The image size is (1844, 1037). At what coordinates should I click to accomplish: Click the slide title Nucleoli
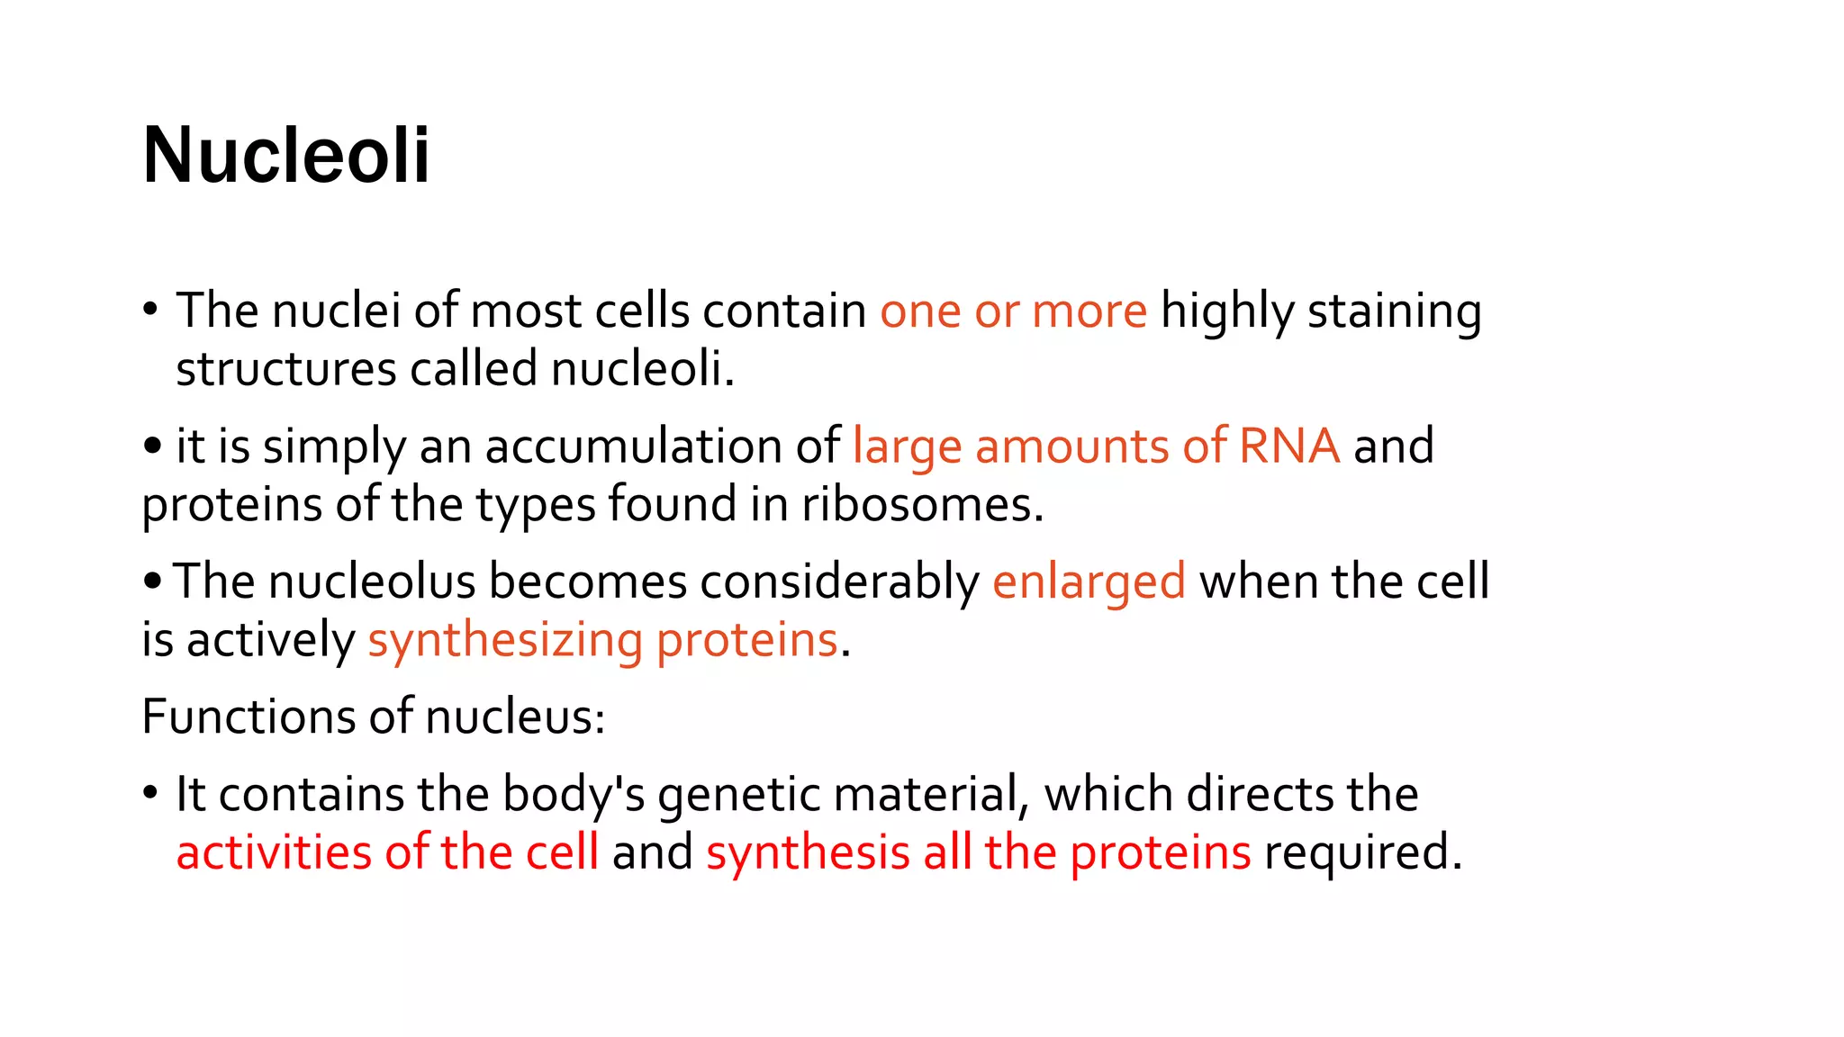286,156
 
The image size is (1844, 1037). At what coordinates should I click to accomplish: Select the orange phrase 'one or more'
1013,311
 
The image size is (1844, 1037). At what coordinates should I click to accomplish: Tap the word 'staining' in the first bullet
1394,311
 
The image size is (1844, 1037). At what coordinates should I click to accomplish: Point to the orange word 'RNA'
1288,446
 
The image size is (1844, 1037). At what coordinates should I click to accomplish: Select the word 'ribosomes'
922,504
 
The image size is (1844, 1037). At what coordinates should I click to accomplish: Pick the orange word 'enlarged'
1089,582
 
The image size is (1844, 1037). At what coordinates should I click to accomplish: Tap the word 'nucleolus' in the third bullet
372,582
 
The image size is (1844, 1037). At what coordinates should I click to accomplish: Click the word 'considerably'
839,582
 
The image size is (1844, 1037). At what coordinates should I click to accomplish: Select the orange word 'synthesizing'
505,641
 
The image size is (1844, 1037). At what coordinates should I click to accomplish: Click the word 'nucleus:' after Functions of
515,717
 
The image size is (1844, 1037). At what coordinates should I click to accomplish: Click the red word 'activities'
273,852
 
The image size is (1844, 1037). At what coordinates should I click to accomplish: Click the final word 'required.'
1362,852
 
